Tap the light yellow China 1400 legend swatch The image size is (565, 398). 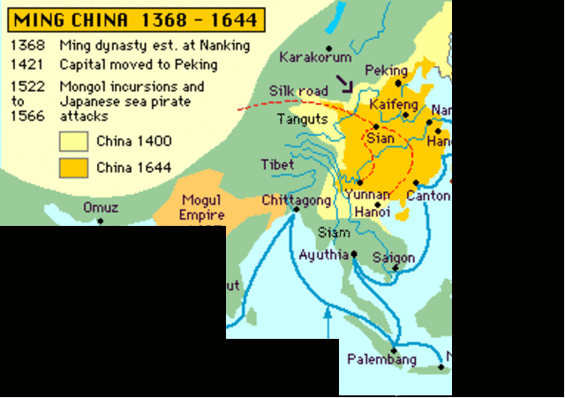click(x=73, y=140)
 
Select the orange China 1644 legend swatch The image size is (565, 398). click(x=73, y=167)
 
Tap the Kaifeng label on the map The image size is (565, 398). click(x=395, y=105)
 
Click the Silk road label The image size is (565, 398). click(x=298, y=90)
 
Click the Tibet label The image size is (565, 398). click(x=277, y=165)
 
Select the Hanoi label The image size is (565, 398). click(x=373, y=213)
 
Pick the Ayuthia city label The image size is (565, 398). click(x=324, y=255)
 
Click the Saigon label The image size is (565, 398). click(x=394, y=258)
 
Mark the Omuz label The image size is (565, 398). click(x=100, y=207)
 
